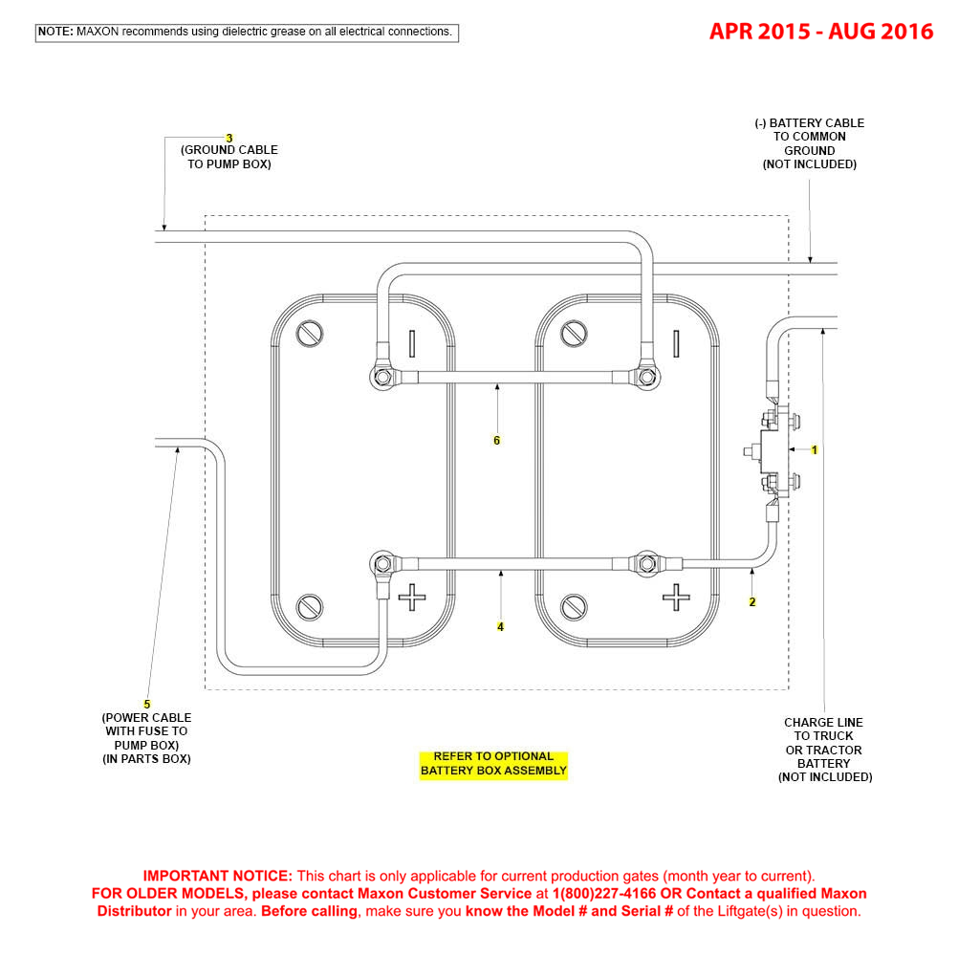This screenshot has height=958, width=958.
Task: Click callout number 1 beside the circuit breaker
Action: click(x=814, y=449)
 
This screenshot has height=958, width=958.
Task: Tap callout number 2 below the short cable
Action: click(x=752, y=601)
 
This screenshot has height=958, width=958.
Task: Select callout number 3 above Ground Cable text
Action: click(x=229, y=138)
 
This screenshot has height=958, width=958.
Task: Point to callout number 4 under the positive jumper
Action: click(x=500, y=627)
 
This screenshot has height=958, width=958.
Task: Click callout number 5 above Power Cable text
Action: click(x=146, y=705)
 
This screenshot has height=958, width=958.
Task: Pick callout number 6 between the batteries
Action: click(x=497, y=441)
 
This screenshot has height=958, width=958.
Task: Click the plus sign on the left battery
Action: click(x=412, y=597)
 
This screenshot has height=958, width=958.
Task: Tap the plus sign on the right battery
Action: click(x=676, y=597)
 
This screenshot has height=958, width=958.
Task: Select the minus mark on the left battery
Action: click(x=412, y=343)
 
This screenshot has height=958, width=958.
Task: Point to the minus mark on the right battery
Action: click(x=676, y=343)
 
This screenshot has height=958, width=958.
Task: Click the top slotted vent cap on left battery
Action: click(x=310, y=334)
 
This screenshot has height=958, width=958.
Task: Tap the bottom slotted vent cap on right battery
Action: click(x=574, y=607)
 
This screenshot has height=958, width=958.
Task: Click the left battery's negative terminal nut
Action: click(x=383, y=377)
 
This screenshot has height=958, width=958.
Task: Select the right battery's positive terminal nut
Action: click(x=647, y=563)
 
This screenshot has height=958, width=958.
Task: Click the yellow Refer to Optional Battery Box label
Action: click(x=493, y=764)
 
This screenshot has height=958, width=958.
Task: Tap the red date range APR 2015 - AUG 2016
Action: click(x=821, y=32)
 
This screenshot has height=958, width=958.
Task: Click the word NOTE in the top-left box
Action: click(x=55, y=32)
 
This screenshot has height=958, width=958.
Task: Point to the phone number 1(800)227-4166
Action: click(x=604, y=893)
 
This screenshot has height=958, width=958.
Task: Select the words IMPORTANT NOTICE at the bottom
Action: click(x=217, y=876)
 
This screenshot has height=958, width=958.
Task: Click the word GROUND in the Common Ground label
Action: click(x=810, y=150)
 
